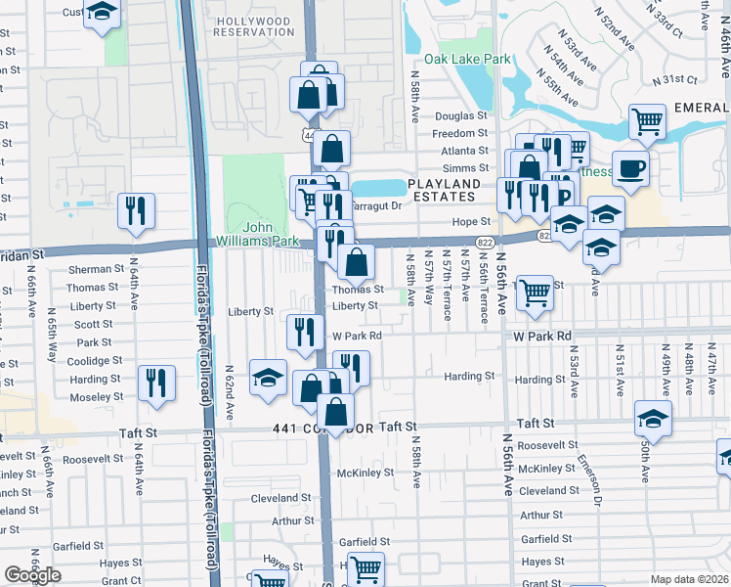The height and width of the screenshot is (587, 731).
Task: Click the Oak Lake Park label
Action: coord(475,60)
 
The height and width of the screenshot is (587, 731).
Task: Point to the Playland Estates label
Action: coord(445,190)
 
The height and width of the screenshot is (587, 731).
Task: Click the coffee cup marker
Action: coord(630,166)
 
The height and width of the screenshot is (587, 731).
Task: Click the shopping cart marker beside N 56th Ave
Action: coord(535,292)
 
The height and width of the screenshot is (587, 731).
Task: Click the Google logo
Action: coord(32,575)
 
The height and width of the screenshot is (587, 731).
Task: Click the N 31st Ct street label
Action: coord(676,80)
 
